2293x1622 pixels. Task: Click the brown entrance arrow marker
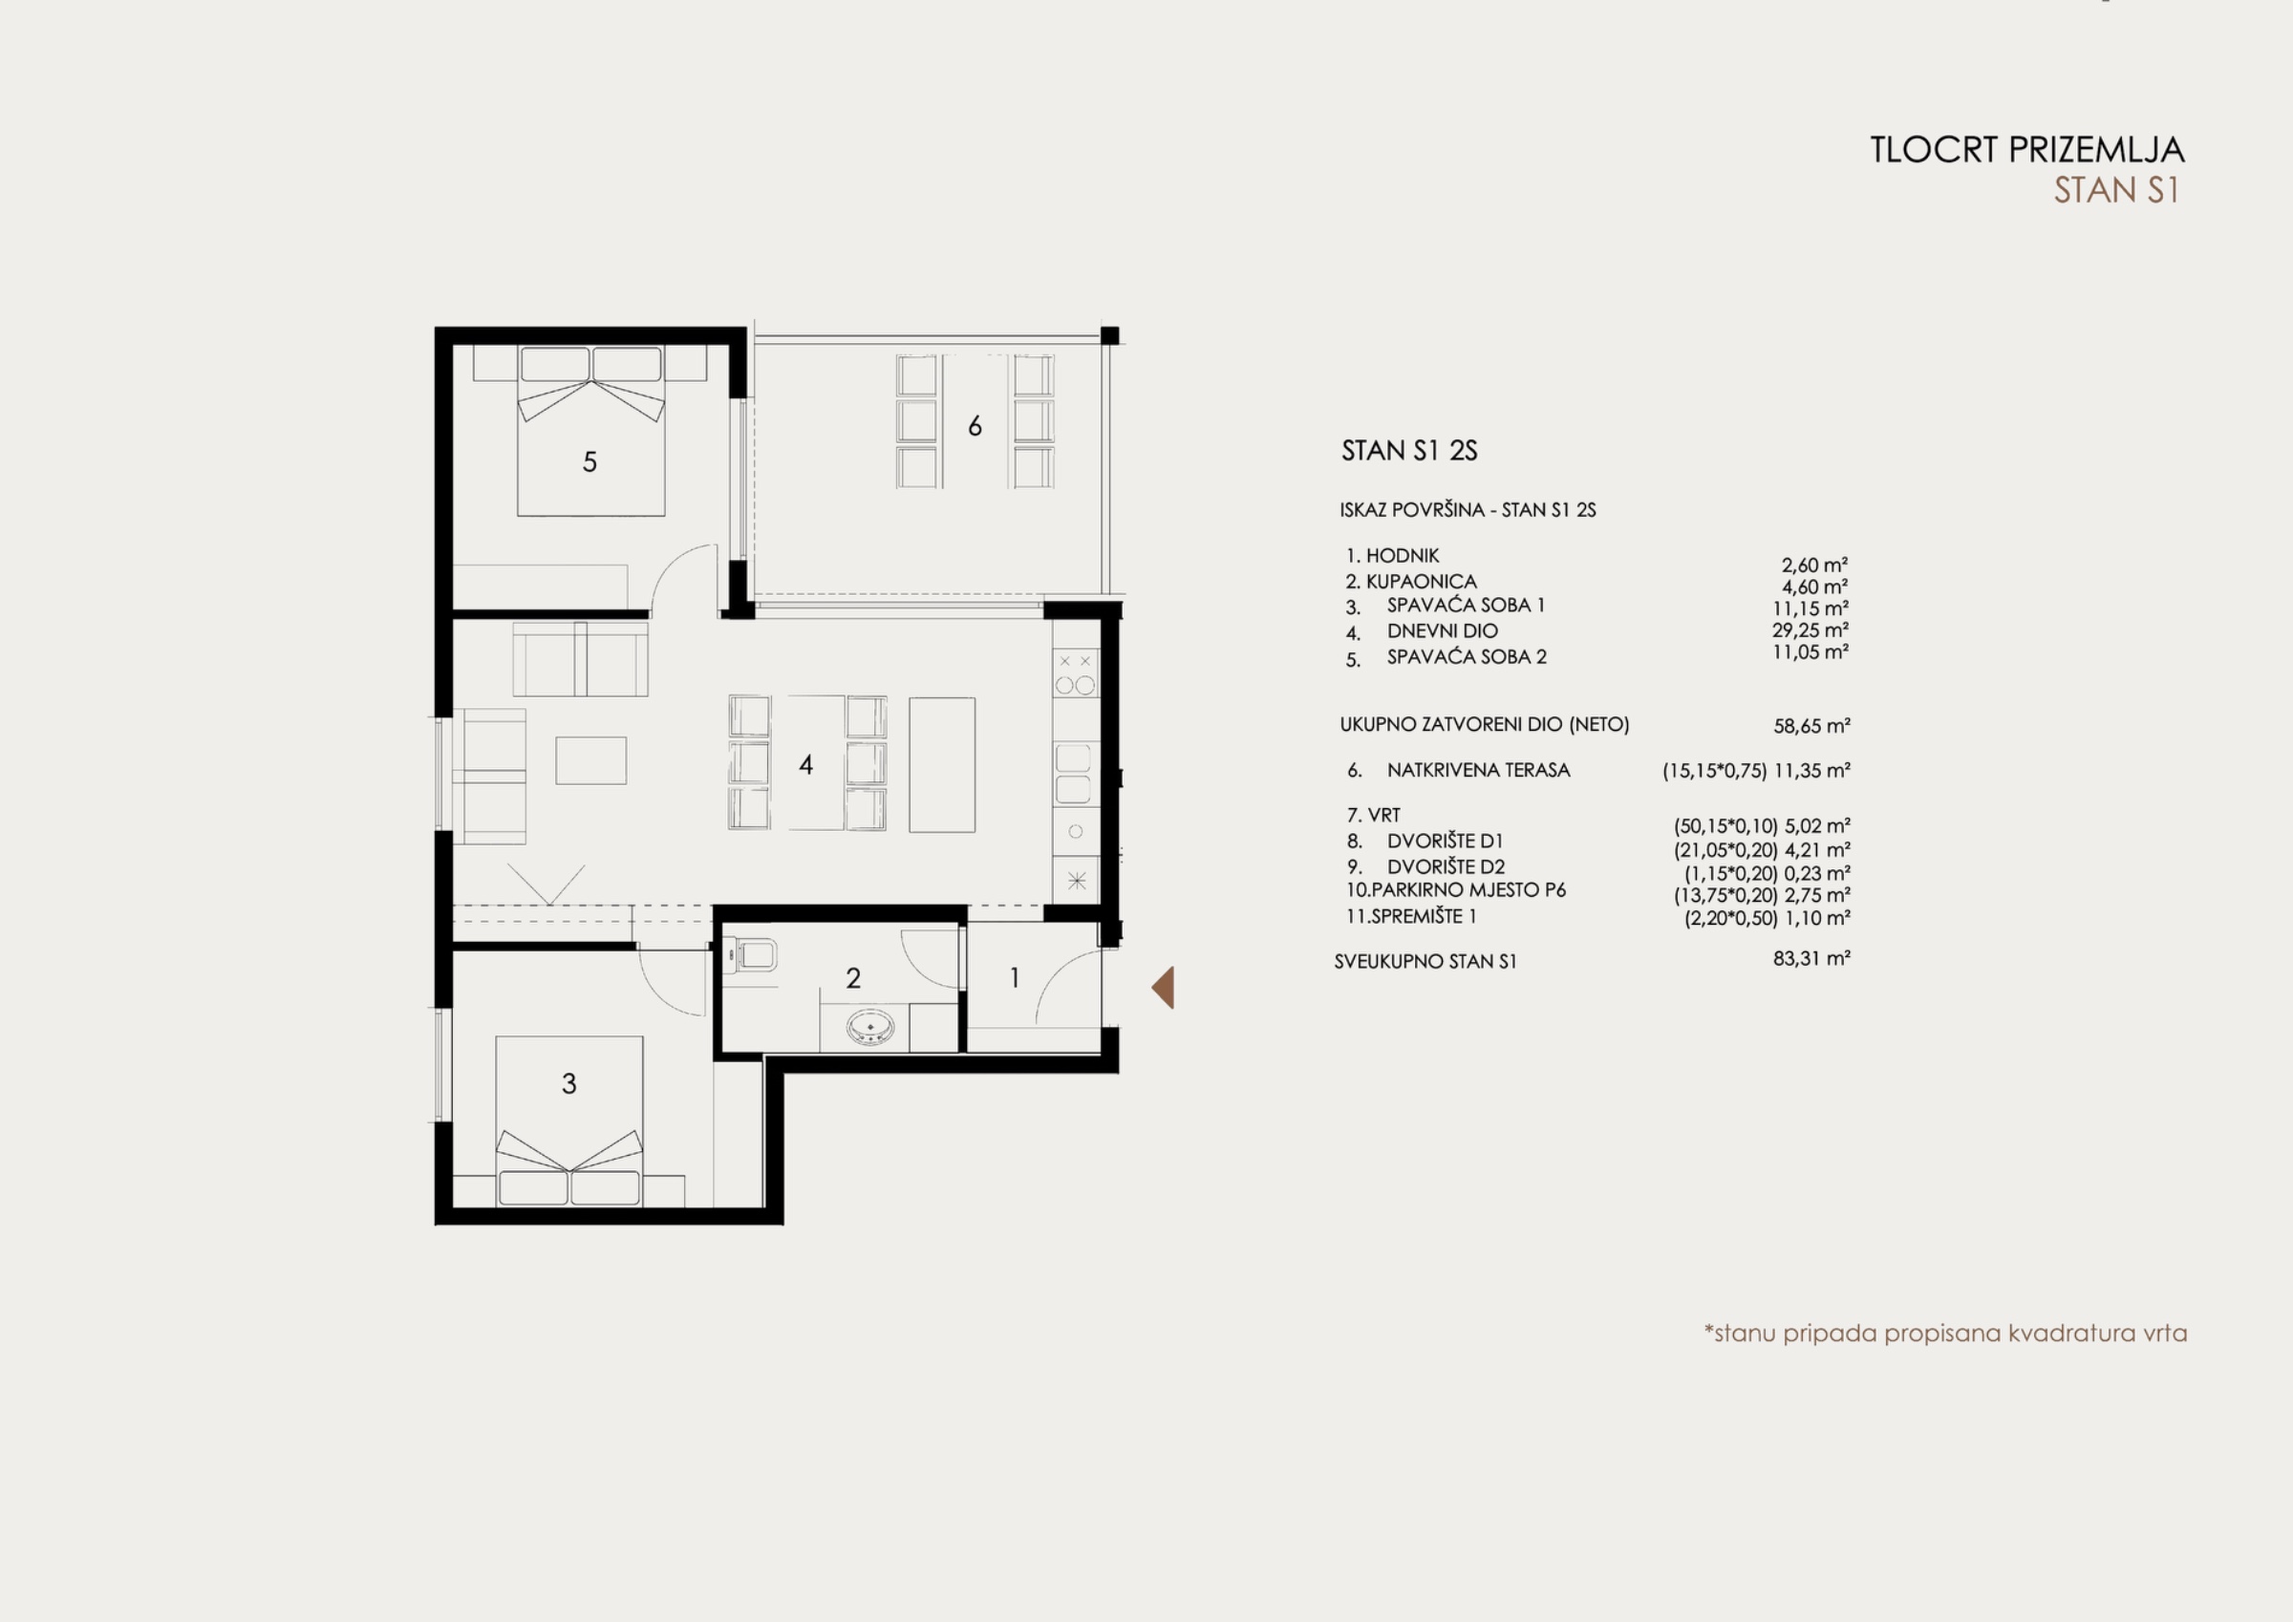click(x=1165, y=987)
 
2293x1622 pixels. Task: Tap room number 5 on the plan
click(x=589, y=461)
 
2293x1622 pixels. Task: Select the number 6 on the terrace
click(x=975, y=426)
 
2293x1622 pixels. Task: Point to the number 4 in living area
click(x=806, y=765)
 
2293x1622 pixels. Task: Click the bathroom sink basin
click(x=869, y=1027)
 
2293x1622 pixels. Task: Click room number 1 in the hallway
click(x=1015, y=978)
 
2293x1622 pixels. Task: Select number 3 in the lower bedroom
click(x=569, y=1083)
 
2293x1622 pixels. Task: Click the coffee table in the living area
click(x=591, y=760)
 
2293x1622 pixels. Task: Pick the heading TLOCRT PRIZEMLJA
click(x=2027, y=150)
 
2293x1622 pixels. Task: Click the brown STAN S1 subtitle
click(x=2116, y=190)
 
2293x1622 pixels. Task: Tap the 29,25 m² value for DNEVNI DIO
click(x=1811, y=630)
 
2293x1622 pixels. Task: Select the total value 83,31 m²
click(x=1811, y=959)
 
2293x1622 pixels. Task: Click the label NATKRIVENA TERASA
click(x=1478, y=770)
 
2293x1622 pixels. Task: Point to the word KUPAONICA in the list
click(x=1421, y=582)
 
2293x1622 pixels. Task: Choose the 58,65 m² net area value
click(x=1811, y=726)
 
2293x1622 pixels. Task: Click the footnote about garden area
click(x=1945, y=1334)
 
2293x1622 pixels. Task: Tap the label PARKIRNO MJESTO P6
click(x=1468, y=890)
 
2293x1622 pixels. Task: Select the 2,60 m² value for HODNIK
click(x=1814, y=566)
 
